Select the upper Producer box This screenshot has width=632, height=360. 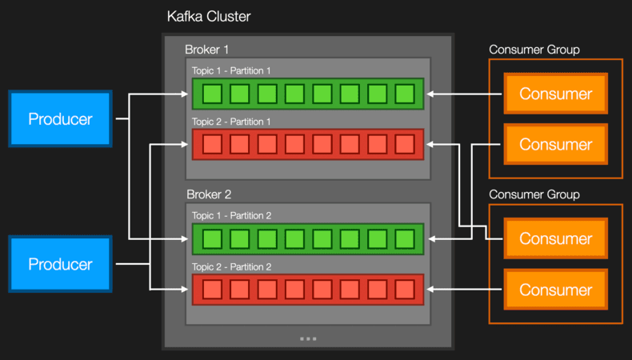pyautogui.click(x=60, y=119)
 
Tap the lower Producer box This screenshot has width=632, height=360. pyautogui.click(x=60, y=264)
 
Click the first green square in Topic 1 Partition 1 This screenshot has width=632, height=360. pyautogui.click(x=212, y=94)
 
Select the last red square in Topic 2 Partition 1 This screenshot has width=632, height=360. pyautogui.click(x=405, y=145)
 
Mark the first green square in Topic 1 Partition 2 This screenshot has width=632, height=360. pyautogui.click(x=212, y=239)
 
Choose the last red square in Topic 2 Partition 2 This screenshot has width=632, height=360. pyautogui.click(x=405, y=290)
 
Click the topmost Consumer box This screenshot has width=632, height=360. pyautogui.click(x=555, y=94)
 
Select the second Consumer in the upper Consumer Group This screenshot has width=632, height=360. pyautogui.click(x=555, y=145)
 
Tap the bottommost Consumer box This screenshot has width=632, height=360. pyautogui.click(x=555, y=290)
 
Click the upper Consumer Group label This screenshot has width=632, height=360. pyautogui.click(x=534, y=50)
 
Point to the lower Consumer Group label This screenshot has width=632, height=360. pyautogui.click(x=534, y=194)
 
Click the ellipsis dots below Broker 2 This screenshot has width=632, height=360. pyautogui.click(x=308, y=338)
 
